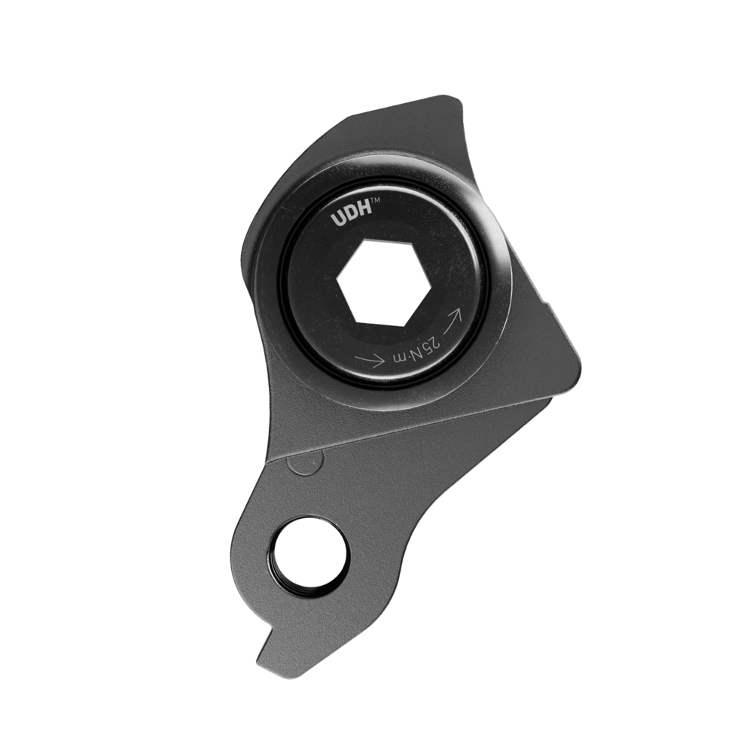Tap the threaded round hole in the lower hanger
coord(311,553)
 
